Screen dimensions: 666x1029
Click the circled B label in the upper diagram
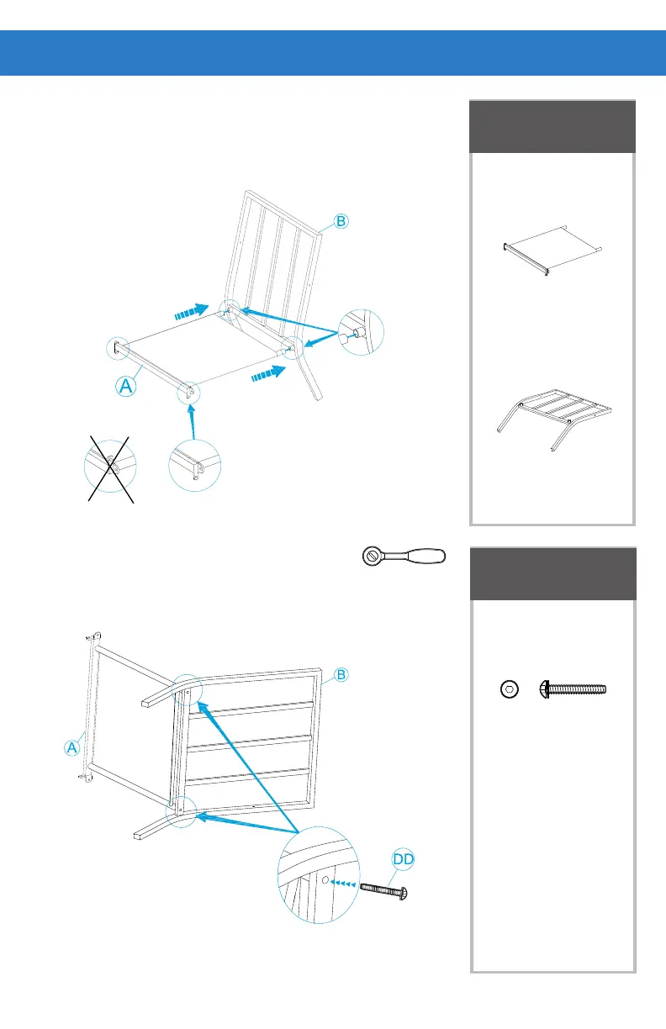(x=340, y=222)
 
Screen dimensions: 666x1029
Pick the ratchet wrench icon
(x=404, y=556)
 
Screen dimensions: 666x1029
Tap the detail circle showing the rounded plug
(x=360, y=335)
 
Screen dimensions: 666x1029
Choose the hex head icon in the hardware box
(x=509, y=689)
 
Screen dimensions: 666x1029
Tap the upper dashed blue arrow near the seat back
(x=191, y=311)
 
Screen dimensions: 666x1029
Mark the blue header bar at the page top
(x=333, y=53)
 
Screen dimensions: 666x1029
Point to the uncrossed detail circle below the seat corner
(x=194, y=463)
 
